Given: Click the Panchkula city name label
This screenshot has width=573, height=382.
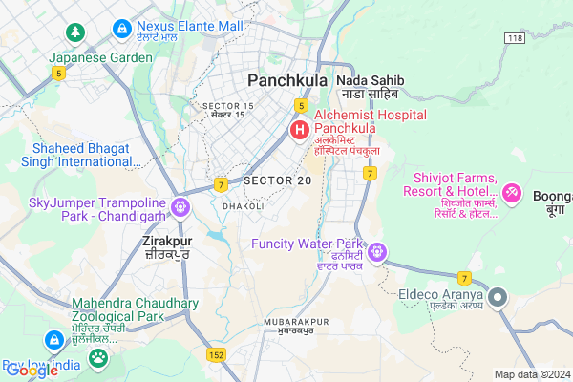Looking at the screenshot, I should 287,80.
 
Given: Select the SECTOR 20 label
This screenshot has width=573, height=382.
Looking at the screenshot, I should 277,180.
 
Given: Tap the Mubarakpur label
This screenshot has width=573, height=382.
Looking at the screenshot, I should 288,324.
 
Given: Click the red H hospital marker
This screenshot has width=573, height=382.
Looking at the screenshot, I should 299,129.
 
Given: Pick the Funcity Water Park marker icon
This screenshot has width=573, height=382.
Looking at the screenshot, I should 379,251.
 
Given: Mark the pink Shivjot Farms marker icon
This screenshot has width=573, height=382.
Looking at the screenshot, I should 512,194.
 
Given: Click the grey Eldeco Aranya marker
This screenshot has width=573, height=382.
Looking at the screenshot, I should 497,298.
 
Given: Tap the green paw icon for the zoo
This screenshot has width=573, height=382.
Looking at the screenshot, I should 97,358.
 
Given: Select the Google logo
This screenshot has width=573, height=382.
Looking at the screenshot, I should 31,371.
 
